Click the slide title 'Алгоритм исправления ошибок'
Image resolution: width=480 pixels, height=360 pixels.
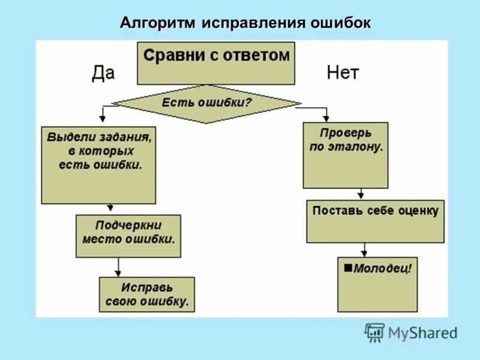coord(245,23)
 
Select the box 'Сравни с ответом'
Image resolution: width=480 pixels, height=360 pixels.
coord(216,62)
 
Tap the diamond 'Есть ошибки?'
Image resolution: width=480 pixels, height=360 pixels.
coord(206,103)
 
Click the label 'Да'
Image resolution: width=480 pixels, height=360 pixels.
coord(103,73)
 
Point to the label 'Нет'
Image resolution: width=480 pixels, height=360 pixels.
coord(343,73)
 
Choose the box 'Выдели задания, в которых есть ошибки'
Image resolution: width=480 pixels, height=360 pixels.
coord(99,164)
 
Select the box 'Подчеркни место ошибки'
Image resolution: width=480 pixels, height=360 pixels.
coord(128,236)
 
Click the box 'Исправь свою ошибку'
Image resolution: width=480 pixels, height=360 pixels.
coord(147,294)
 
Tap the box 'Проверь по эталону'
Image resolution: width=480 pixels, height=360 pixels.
coord(345,155)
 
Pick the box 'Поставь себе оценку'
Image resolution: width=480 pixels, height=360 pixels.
coord(376,221)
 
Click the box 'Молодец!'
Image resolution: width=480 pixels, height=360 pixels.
coord(377,284)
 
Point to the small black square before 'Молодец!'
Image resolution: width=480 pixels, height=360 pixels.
coord(348,268)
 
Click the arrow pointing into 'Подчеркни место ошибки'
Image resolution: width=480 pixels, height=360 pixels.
coord(110,208)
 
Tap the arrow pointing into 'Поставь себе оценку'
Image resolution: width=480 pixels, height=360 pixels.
coord(361,194)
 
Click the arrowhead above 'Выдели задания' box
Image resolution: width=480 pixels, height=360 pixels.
coord(103,118)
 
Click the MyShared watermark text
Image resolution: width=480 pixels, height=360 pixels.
coord(422,333)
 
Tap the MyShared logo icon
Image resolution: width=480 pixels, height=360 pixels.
coord(374,332)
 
